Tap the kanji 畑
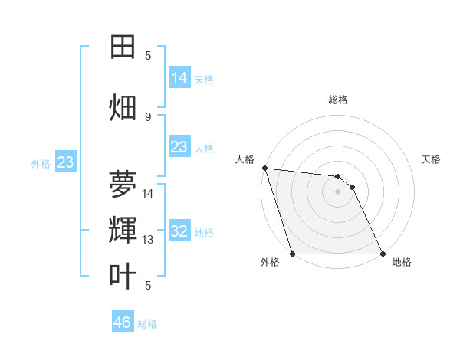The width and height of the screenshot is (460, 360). click(x=123, y=107)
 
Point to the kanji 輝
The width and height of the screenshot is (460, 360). click(x=123, y=229)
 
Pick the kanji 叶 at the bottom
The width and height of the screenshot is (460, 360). click(x=123, y=276)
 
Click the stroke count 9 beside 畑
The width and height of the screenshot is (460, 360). click(x=148, y=116)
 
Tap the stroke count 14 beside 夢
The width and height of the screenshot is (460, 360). click(x=149, y=193)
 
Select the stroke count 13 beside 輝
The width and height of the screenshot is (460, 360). click(x=149, y=240)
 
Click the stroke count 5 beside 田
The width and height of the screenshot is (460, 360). click(x=148, y=56)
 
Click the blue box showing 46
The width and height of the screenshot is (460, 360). click(x=123, y=322)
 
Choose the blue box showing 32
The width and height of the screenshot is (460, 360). click(x=179, y=231)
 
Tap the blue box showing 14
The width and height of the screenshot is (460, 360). click(x=179, y=78)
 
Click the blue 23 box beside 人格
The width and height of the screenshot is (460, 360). click(x=179, y=147)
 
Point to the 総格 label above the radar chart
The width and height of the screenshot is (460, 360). click(x=337, y=100)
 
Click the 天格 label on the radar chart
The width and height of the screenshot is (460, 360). click(x=432, y=159)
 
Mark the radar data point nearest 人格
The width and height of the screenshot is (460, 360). click(x=264, y=168)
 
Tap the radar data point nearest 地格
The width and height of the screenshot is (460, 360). click(x=382, y=254)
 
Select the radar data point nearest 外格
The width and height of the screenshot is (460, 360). click(x=293, y=254)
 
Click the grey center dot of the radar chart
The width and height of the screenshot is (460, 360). click(x=337, y=192)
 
